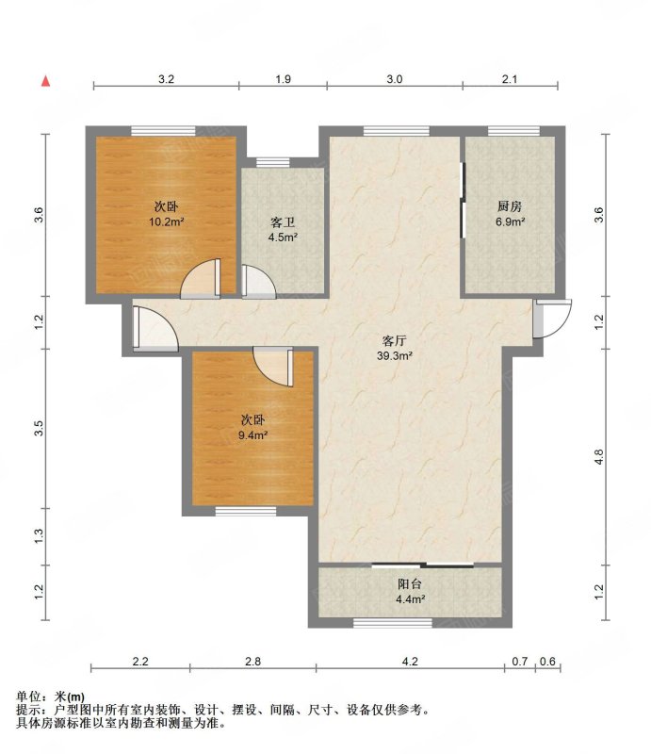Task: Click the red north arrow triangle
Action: click(45, 81)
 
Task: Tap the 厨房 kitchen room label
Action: click(510, 206)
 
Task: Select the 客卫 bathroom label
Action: click(283, 222)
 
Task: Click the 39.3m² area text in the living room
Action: click(395, 356)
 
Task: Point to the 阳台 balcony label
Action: click(410, 583)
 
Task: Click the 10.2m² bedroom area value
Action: click(167, 222)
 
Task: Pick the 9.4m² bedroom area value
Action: click(252, 435)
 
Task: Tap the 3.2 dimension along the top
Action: click(166, 79)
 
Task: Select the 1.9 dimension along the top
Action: click(283, 79)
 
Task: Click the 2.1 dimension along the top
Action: click(509, 79)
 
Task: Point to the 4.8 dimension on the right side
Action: click(598, 456)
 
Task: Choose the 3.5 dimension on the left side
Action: click(39, 428)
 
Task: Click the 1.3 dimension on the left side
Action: click(39, 535)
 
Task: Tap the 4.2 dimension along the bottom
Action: click(410, 662)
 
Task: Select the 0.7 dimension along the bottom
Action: click(520, 662)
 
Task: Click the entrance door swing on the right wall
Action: click(552, 319)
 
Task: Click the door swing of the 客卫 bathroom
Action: click(259, 282)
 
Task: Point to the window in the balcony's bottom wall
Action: click(393, 623)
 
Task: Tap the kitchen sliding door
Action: click(463, 200)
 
